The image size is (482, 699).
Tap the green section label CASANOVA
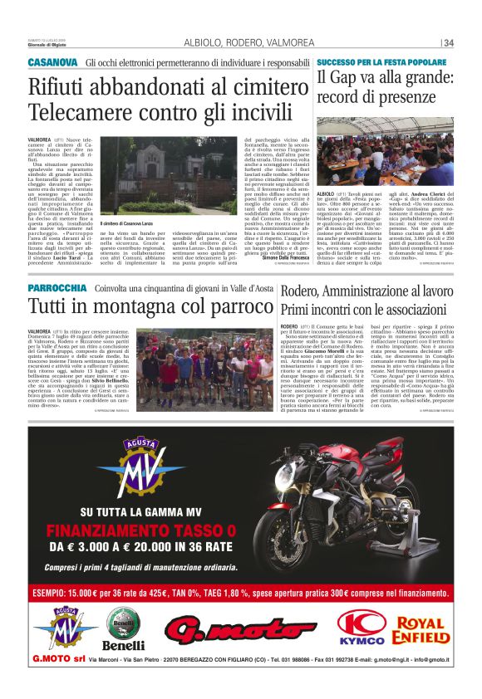coord(52,63)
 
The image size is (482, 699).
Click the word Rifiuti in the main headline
coord(62,86)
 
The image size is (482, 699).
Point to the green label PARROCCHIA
coord(57,288)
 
